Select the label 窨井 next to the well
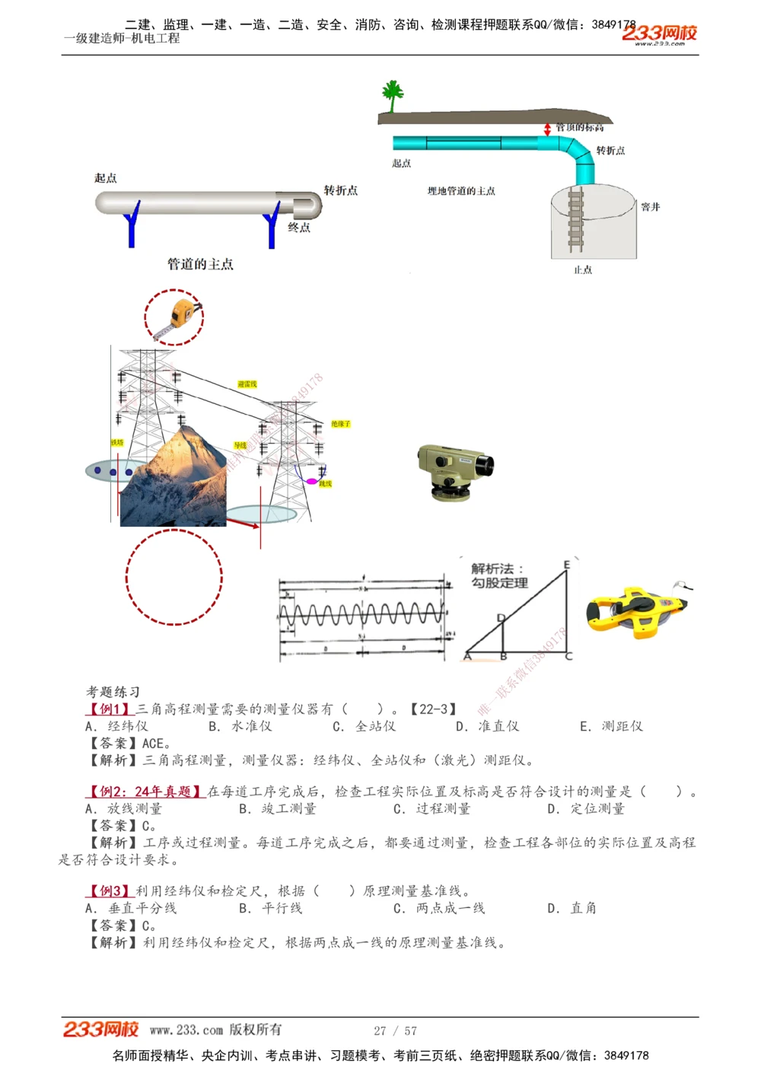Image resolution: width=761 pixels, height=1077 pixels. [650, 207]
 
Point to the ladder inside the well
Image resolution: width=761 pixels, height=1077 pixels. [576, 221]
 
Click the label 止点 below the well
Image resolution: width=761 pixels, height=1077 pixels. [583, 270]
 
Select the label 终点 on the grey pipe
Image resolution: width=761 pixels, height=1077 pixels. [299, 228]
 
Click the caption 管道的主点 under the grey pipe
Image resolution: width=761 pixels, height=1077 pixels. [200, 264]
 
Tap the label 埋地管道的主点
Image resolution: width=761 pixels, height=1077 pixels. [461, 191]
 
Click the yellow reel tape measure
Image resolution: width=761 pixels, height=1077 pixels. [635, 610]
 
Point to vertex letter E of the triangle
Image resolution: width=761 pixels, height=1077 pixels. [566, 565]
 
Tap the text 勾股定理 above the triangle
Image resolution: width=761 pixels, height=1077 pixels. [499, 583]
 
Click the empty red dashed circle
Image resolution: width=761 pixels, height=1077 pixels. [174, 577]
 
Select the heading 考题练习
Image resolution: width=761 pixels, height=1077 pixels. [113, 692]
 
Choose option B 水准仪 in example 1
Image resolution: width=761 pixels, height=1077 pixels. [240, 726]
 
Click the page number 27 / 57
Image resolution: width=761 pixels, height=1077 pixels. [395, 1031]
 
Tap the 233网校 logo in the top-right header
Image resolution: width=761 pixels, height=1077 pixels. [659, 33]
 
